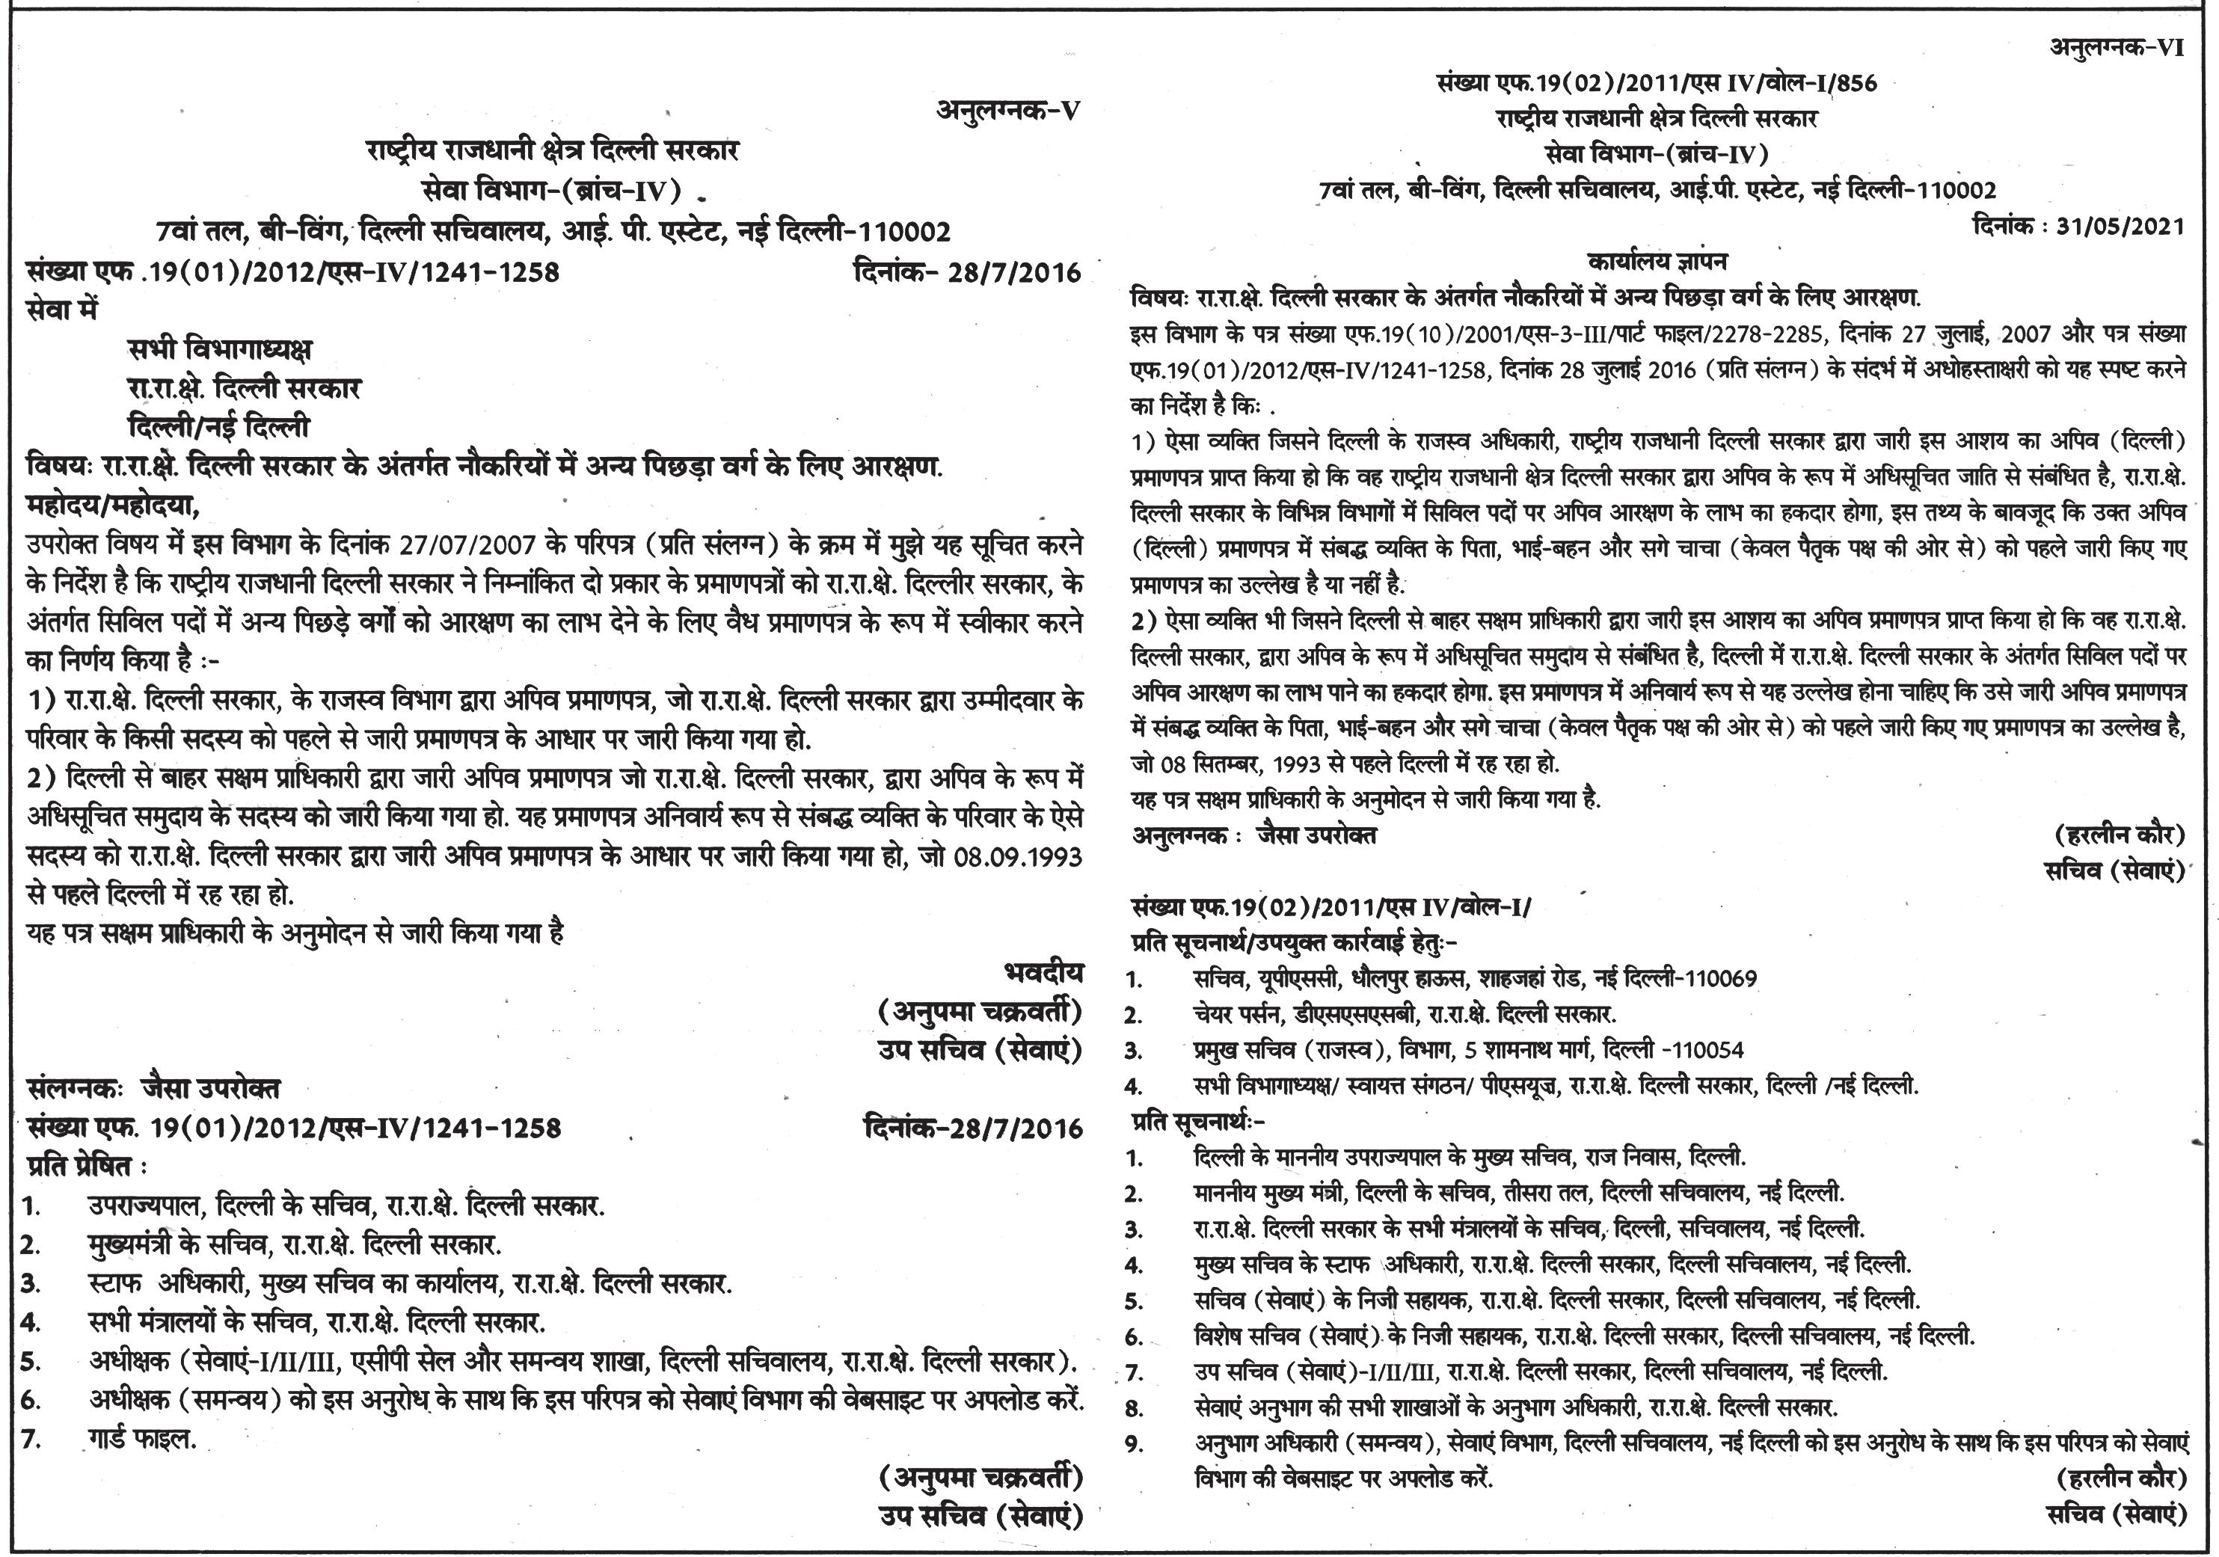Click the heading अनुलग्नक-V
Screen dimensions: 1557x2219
1007,110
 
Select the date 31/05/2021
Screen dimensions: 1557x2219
2120,226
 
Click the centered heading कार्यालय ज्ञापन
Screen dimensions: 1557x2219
1657,261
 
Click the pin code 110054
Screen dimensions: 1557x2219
1707,1050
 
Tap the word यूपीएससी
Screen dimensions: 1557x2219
1298,978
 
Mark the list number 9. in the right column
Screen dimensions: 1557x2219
1135,1445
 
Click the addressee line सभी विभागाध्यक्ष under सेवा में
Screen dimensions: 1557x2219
221,349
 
